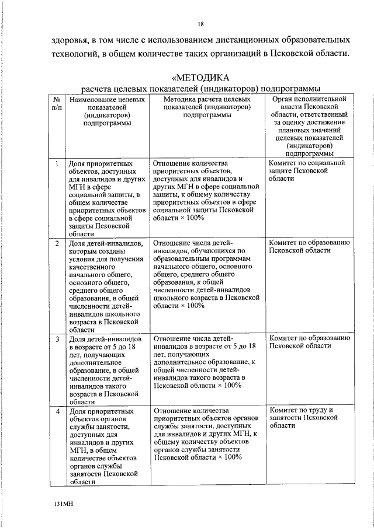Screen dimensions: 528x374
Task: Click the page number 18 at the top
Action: click(200, 24)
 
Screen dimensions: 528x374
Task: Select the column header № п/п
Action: click(56, 104)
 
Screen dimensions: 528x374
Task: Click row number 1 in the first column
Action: click(57, 164)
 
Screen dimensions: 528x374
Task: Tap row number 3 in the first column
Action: click(57, 338)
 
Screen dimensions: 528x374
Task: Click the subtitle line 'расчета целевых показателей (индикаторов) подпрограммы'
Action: click(200, 89)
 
